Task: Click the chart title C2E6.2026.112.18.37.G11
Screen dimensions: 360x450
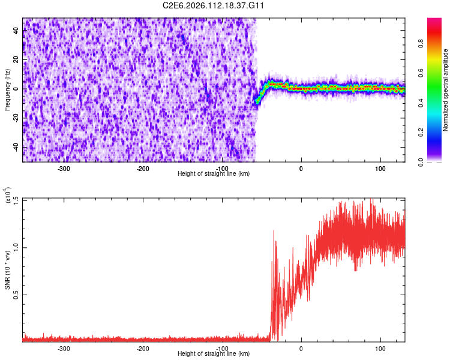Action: (214, 5)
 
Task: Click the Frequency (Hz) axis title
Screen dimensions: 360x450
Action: (7, 89)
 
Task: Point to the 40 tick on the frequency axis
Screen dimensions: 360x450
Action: (16, 31)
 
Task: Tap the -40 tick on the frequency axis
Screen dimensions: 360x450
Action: (15, 147)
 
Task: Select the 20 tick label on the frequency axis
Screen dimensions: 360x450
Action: (16, 60)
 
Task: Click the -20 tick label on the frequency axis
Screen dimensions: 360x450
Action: (15, 118)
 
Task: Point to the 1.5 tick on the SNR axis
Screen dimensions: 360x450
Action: (15, 200)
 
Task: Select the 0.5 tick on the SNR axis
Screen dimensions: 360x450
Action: (15, 295)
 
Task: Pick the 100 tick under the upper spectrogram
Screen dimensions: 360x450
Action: (380, 169)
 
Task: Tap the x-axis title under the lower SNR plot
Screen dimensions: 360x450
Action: (214, 354)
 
